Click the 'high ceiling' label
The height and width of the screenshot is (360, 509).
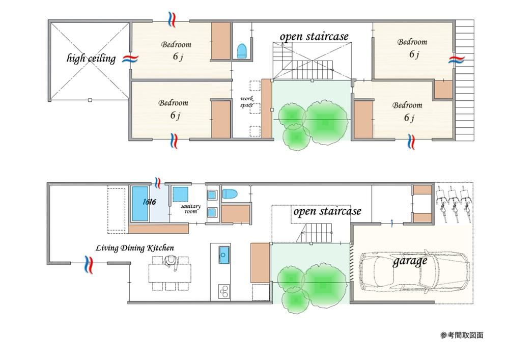(x=91, y=59)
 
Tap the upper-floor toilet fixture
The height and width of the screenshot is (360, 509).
(x=242, y=51)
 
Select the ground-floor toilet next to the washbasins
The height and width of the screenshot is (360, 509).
(x=230, y=194)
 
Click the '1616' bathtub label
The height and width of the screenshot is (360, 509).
(x=149, y=202)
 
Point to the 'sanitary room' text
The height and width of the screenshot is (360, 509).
(x=190, y=209)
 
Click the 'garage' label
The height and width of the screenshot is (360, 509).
(x=410, y=261)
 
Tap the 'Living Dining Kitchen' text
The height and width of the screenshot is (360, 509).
(x=135, y=248)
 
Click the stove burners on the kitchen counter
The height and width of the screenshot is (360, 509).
(x=223, y=291)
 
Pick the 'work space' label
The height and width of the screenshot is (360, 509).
(x=247, y=102)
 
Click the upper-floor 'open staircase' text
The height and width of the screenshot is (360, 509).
(x=314, y=36)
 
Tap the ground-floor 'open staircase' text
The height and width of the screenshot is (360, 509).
(x=327, y=211)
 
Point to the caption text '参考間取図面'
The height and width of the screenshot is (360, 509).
(x=462, y=336)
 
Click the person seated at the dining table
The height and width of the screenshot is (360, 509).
(x=171, y=262)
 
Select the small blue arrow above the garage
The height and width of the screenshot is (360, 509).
(x=392, y=223)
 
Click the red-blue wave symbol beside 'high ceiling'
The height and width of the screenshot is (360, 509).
(x=130, y=59)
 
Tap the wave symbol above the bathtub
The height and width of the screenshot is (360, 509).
(x=158, y=183)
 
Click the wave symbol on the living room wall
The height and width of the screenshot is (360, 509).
(x=88, y=264)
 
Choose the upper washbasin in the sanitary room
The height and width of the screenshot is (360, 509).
(x=212, y=195)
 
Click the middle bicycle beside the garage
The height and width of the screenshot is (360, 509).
(x=454, y=204)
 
